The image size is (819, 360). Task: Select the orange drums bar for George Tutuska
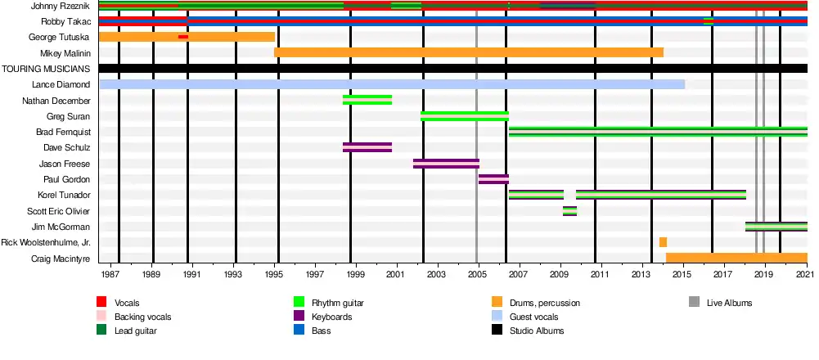coord(221,37)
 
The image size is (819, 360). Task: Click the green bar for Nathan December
coord(367,100)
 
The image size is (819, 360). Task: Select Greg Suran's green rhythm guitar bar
coord(464,116)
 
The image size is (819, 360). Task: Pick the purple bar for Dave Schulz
coord(367,147)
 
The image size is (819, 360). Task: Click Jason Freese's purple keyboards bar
coord(446,164)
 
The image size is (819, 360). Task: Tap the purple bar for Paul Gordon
coord(493,179)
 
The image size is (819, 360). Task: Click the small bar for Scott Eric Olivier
coord(569,211)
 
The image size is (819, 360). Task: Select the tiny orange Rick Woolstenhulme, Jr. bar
coord(663,242)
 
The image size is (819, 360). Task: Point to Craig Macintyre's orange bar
coord(736,259)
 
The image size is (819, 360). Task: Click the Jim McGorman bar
coord(776,227)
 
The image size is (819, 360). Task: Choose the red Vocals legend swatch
coord(101,303)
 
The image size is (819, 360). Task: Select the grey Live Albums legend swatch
coord(694,303)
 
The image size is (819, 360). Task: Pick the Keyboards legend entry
coord(331,317)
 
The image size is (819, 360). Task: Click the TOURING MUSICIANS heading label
coord(46,69)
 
